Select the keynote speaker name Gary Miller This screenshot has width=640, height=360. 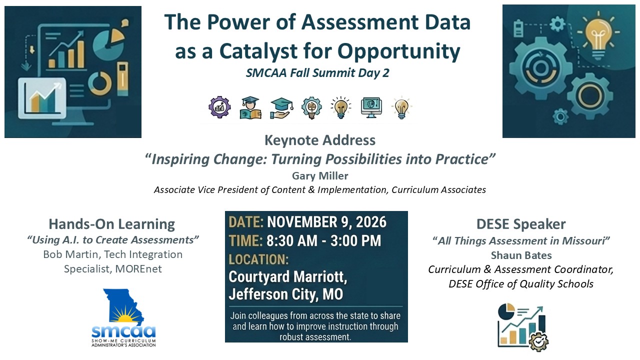coord(320,175)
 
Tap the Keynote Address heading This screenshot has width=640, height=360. coord(320,140)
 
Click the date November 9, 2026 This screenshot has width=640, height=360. coord(326,222)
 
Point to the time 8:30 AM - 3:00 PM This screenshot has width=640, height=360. coord(323,240)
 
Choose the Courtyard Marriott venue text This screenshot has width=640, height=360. coord(288,276)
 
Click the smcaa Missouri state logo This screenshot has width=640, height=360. coord(123,317)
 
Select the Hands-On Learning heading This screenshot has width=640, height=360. coord(111,224)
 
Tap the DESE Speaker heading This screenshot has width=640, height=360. coord(521,224)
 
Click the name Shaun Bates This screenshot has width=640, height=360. coord(521,255)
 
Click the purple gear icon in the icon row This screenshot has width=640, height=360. coord(219,107)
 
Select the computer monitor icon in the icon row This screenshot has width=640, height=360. coord(371,107)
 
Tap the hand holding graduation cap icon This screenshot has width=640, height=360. coord(281,108)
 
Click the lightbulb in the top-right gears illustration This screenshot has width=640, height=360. coord(598,37)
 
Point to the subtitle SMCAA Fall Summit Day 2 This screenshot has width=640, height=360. coord(317,73)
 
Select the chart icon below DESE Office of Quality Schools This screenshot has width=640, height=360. coord(523,327)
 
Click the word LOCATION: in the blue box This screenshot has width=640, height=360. coord(258,259)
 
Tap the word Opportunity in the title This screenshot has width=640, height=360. coord(399,52)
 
